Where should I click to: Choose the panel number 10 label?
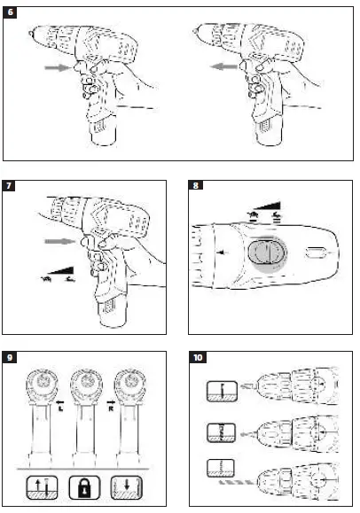click(198, 359)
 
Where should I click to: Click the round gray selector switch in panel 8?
click(262, 253)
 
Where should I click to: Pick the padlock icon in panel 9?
click(84, 487)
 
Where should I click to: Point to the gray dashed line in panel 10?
click(236, 483)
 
